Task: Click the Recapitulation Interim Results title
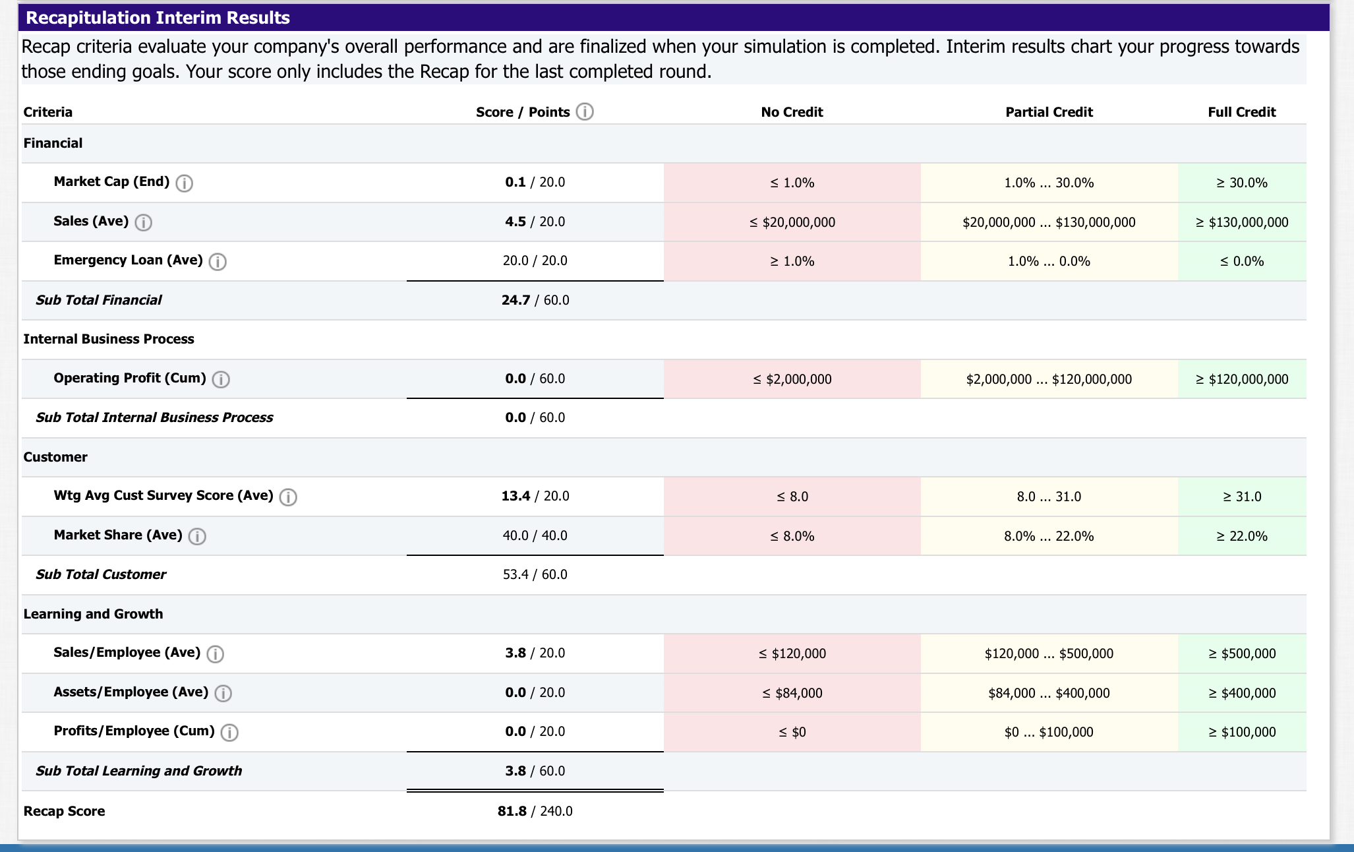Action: [x=158, y=18]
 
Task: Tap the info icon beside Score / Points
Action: [x=585, y=111]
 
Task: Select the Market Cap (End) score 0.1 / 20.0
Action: [x=535, y=182]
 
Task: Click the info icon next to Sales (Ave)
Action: [x=143, y=222]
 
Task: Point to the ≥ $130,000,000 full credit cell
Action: [x=1241, y=222]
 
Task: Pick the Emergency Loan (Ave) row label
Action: [x=128, y=260]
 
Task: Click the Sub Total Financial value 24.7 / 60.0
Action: [x=535, y=300]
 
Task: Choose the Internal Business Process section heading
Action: [x=109, y=339]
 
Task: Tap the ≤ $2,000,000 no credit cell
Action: [x=792, y=379]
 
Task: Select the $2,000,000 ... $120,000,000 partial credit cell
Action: [x=1049, y=379]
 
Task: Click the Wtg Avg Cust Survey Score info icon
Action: [x=288, y=497]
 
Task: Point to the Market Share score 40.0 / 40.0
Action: [x=535, y=535]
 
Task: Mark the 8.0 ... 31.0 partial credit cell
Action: [x=1049, y=497]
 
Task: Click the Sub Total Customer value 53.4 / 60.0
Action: [x=535, y=574]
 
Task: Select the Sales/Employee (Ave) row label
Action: [x=127, y=652]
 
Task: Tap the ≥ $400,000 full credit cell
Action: [x=1241, y=693]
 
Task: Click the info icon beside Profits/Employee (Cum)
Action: [x=229, y=732]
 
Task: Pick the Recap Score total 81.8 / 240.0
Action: [x=535, y=811]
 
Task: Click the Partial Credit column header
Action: [x=1049, y=112]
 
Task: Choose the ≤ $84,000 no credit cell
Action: [x=792, y=693]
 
